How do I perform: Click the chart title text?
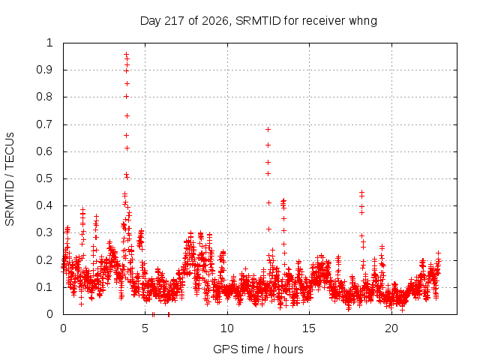click(258, 21)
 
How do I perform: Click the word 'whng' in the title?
click(363, 22)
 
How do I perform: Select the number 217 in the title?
click(174, 21)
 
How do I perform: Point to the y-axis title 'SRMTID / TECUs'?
click(10, 179)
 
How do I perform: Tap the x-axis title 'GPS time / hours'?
click(258, 349)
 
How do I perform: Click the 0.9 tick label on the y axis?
click(44, 70)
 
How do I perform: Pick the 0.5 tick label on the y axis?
click(44, 178)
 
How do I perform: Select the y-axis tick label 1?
click(49, 43)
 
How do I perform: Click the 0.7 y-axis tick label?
click(44, 124)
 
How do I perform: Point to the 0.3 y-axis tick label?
click(44, 232)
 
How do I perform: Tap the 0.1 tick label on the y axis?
click(44, 287)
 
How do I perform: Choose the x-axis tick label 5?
click(145, 328)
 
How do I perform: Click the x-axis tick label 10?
click(227, 328)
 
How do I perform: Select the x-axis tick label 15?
click(309, 328)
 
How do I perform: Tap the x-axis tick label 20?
click(391, 328)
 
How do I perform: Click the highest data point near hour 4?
click(126, 55)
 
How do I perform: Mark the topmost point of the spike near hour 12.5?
click(268, 130)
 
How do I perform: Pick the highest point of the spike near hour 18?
click(361, 192)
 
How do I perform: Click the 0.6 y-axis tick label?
click(44, 151)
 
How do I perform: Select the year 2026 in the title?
click(215, 21)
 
